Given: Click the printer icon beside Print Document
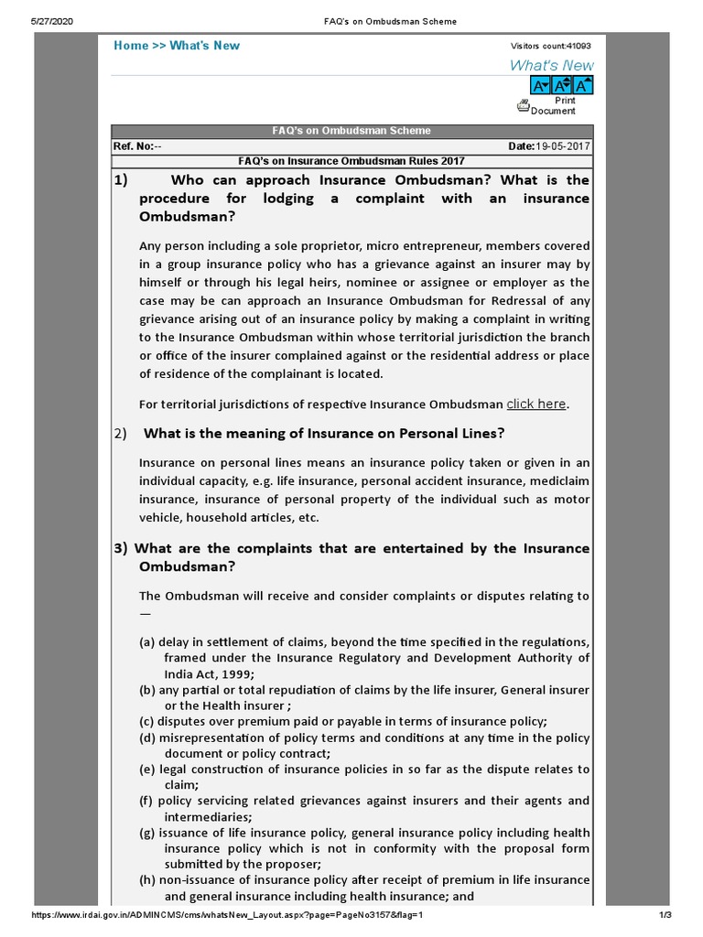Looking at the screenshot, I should coord(523,106).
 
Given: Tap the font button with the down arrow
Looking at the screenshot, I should coord(541,85).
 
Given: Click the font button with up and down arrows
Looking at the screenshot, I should coord(562,85).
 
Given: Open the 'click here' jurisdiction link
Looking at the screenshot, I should coord(536,404).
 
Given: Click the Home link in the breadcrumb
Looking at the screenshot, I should coord(131,46).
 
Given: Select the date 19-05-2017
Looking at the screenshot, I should coord(563,146).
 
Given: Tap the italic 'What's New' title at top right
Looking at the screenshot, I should coord(551,65).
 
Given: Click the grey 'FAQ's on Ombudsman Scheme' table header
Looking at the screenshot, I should coord(352,131).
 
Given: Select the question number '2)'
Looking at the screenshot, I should coord(121,434).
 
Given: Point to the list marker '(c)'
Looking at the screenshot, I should coord(147,721).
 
